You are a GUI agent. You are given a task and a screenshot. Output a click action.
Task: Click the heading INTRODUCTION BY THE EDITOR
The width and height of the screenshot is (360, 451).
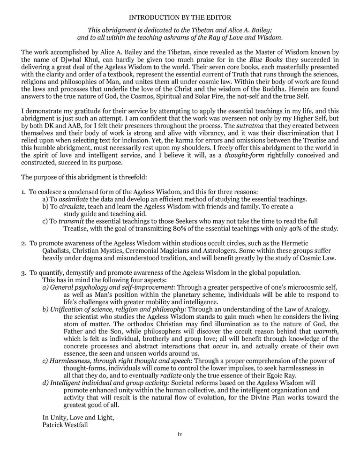pos(180,17)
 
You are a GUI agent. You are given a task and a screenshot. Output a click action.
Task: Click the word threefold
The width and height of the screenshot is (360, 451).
pos(132,177)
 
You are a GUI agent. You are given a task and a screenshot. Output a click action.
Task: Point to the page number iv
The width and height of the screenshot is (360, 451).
pos(180,435)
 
